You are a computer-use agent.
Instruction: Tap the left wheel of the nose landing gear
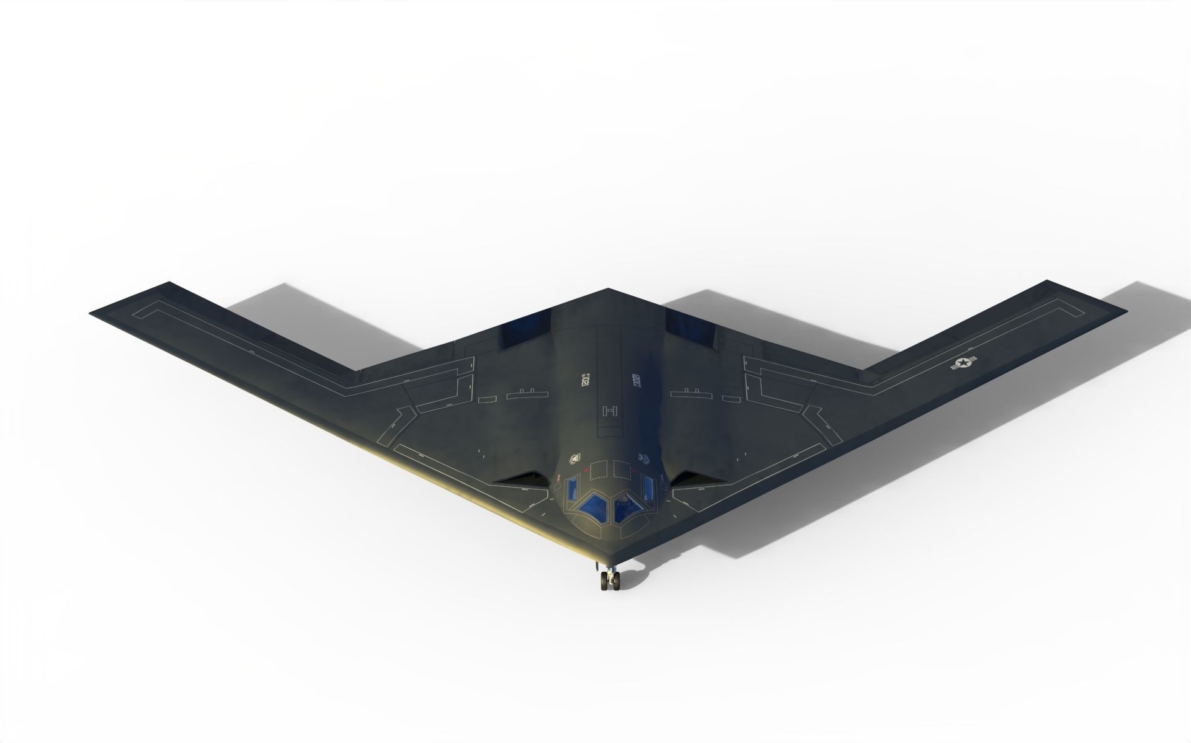[604, 581]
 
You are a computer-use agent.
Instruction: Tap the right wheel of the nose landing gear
[617, 581]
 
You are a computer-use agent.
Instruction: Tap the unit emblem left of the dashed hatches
[575, 459]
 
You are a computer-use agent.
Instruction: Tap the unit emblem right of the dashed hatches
[644, 459]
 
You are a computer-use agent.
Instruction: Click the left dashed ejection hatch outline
[599, 470]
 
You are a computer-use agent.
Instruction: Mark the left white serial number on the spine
[585, 379]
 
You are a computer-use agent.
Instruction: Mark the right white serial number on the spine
[635, 379]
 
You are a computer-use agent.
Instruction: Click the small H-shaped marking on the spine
[609, 410]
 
